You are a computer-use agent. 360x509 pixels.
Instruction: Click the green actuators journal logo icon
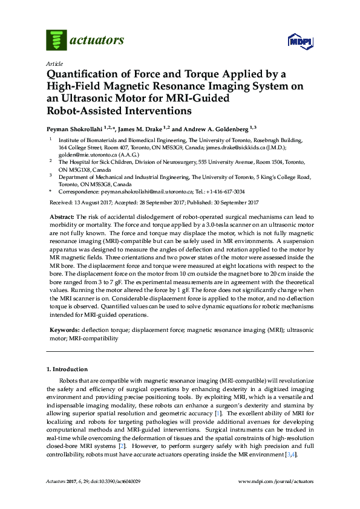[x=56, y=41]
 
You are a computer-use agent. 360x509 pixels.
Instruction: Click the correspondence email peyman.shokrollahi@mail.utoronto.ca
[x=145, y=191]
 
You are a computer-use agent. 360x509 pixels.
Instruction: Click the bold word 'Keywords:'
[x=64, y=331]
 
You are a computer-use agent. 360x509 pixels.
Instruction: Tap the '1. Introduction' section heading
[x=67, y=369]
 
